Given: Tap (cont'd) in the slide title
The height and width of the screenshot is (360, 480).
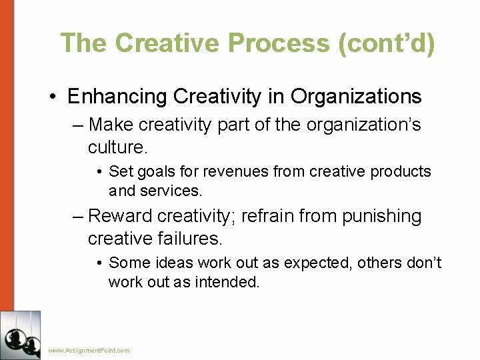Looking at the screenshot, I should pos(387,43).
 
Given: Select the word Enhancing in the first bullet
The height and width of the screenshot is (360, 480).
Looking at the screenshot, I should pos(117,97).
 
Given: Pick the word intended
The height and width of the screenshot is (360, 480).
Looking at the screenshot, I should pos(227,282).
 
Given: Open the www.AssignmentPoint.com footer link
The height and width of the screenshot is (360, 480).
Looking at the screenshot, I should pos(89,350).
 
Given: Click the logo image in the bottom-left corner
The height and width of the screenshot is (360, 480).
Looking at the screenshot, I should pos(20,335).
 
